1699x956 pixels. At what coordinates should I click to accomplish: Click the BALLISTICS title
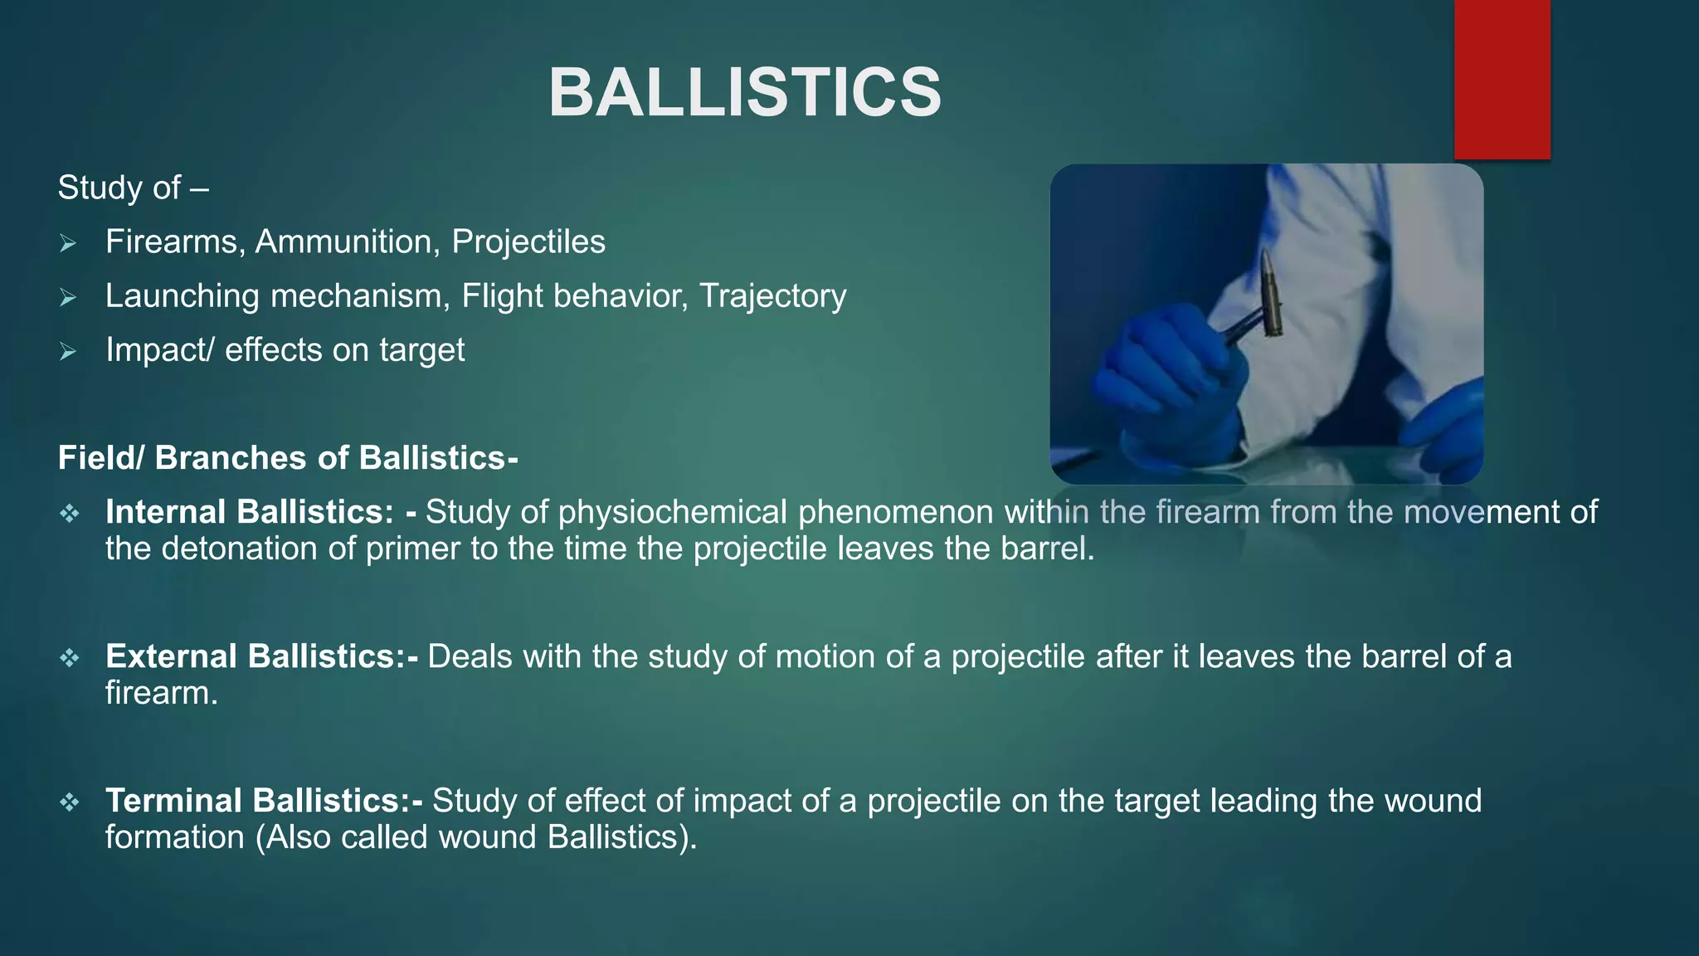tap(744, 92)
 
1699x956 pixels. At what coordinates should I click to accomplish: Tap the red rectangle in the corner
tap(1502, 79)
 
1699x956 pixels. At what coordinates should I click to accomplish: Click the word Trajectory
tap(772, 296)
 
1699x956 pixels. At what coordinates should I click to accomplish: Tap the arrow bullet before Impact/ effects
tap(68, 351)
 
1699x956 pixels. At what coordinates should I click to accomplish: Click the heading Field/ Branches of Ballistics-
tap(288, 458)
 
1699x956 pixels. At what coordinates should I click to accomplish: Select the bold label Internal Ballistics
tap(249, 512)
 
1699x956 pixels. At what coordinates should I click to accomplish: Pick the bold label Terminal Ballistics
tap(264, 801)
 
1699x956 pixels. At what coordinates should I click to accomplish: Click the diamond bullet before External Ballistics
tap(70, 658)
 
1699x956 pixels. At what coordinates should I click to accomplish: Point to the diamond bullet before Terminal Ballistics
tap(70, 802)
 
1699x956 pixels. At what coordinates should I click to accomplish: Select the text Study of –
tap(133, 188)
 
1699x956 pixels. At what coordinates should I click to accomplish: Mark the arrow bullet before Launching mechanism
tap(68, 297)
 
